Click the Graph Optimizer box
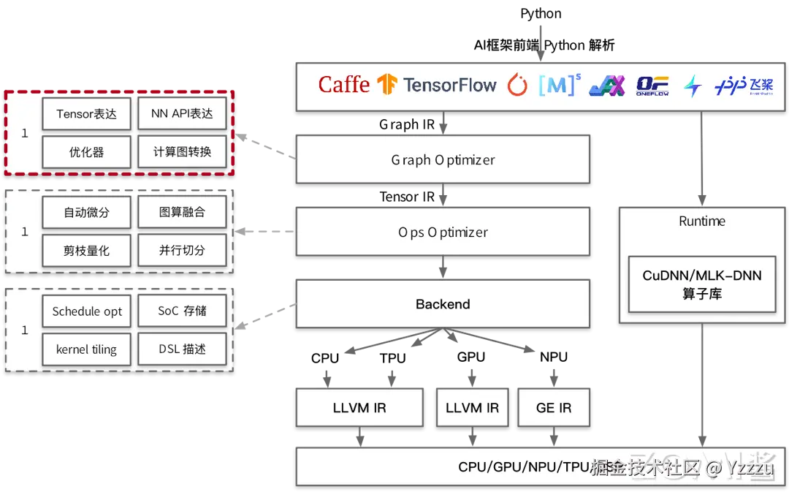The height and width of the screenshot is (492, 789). tap(443, 159)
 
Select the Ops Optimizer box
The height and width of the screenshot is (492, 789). tap(443, 232)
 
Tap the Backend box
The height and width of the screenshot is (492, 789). tap(443, 304)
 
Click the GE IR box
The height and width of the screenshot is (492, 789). tap(554, 407)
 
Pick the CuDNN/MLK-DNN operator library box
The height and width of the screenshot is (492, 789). tap(701, 284)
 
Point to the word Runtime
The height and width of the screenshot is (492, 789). tap(701, 221)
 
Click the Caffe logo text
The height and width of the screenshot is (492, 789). tap(344, 85)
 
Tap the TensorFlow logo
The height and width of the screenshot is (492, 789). tap(437, 85)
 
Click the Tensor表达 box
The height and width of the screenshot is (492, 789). tap(86, 114)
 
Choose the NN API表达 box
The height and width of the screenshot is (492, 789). tap(182, 114)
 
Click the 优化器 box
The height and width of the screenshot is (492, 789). tap(86, 152)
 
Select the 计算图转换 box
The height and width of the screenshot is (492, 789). tap(182, 152)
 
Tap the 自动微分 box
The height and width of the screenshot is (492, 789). tap(86, 213)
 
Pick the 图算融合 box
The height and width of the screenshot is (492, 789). tap(182, 213)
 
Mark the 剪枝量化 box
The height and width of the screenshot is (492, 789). tap(86, 251)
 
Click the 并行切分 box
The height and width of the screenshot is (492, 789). tap(182, 251)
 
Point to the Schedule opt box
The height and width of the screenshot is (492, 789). tap(86, 311)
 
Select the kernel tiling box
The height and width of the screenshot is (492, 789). tap(86, 349)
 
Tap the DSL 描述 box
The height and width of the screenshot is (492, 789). tap(182, 349)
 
